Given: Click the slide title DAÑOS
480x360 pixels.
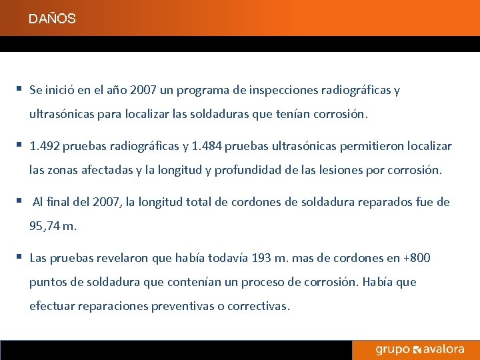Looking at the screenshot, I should coord(52,19).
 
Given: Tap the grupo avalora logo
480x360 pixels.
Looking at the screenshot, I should coord(419,350).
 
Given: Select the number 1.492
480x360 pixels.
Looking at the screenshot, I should coord(45,146).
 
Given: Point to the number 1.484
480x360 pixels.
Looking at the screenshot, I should coord(207,146).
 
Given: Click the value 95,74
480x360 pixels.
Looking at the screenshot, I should coord(45,226).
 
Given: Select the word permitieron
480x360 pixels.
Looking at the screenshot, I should coord(372,146).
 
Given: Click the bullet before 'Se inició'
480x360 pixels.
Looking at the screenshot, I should coord(21,89).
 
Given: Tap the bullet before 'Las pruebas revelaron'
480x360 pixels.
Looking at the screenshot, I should coord(21,257).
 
